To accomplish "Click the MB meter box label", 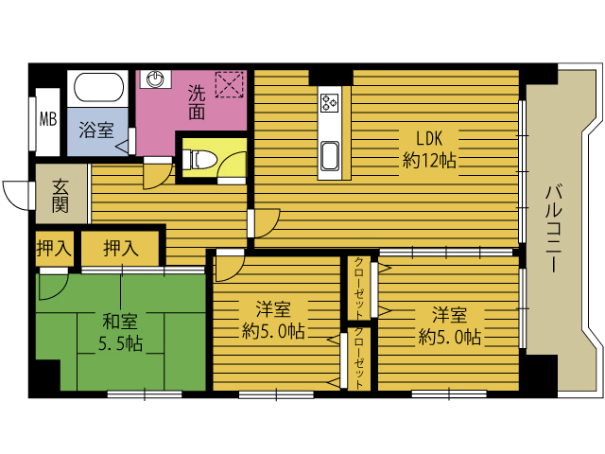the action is [48, 119].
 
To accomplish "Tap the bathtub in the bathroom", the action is [98, 87].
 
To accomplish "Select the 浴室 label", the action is [96, 131].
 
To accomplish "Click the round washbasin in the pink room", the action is [155, 79].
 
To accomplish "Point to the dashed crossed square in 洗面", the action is [229, 84].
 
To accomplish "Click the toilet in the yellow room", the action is [199, 160].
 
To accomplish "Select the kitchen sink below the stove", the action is [330, 155].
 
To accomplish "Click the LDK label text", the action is [429, 138].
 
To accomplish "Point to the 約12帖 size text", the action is [429, 160].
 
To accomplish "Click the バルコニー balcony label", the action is [553, 229].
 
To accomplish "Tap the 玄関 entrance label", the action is [60, 196].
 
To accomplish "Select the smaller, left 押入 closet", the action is [55, 249].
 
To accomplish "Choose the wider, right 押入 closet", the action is [120, 249].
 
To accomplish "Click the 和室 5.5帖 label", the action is [120, 332].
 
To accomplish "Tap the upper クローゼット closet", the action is [359, 288].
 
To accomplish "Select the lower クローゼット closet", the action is [359, 358].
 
